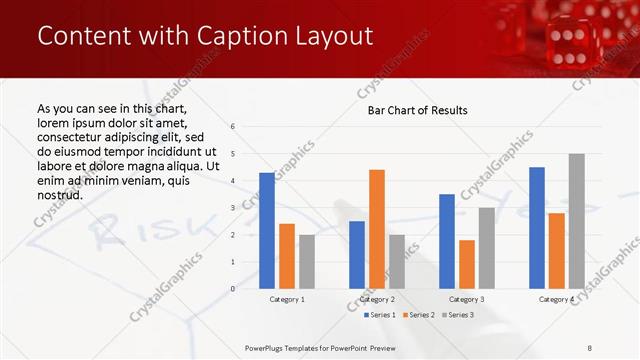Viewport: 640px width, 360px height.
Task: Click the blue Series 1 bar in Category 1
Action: pos(267,231)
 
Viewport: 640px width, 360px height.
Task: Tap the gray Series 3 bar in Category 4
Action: pos(576,221)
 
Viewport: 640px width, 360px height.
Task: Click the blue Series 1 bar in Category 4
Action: pos(537,228)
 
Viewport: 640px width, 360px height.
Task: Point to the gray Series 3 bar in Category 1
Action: pos(306,262)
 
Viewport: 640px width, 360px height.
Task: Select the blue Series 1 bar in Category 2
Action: pos(357,255)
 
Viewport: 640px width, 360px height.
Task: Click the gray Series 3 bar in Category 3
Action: pos(486,248)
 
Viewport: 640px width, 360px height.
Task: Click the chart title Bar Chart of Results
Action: pos(412,110)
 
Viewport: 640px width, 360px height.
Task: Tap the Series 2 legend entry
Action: pos(418,315)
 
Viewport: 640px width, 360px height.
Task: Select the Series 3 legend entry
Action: pos(457,315)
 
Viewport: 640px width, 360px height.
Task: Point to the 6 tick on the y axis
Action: pos(232,127)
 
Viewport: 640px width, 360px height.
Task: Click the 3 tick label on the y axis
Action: pos(232,208)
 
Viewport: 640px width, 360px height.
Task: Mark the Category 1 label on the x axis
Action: pos(287,299)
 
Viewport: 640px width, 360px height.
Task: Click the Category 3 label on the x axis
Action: pos(467,299)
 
